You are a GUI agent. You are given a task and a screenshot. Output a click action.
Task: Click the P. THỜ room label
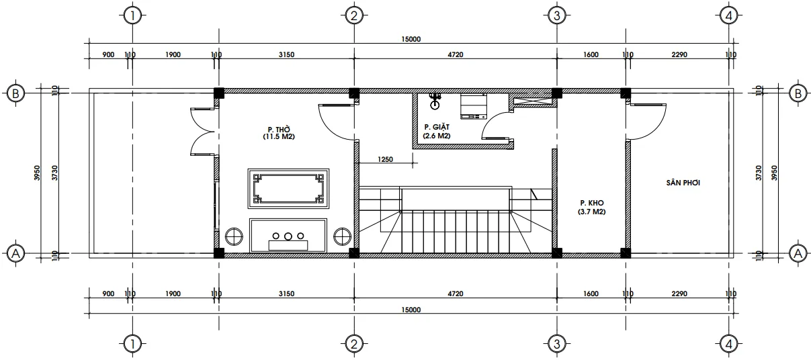[279, 128]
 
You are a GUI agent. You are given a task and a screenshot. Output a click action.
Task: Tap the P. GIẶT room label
[437, 127]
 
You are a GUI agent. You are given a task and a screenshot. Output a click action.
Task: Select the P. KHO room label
[591, 202]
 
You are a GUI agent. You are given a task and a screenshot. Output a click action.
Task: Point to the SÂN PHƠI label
[683, 182]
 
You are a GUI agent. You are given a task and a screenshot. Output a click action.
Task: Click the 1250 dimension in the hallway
[385, 160]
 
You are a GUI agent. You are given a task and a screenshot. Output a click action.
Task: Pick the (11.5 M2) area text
[279, 136]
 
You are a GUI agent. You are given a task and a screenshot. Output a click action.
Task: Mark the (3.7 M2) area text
[591, 212]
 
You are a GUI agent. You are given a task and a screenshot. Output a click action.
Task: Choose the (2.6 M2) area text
[437, 136]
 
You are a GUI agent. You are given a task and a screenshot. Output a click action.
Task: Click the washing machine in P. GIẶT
[474, 107]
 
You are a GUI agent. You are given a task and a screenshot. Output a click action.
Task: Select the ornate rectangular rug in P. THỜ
[288, 187]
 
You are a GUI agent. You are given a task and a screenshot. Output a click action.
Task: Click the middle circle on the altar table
[288, 236]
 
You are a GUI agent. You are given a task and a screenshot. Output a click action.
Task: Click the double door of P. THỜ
[202, 131]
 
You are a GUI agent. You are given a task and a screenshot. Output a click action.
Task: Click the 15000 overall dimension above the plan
[411, 39]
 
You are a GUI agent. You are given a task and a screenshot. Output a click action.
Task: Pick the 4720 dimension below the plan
[455, 294]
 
